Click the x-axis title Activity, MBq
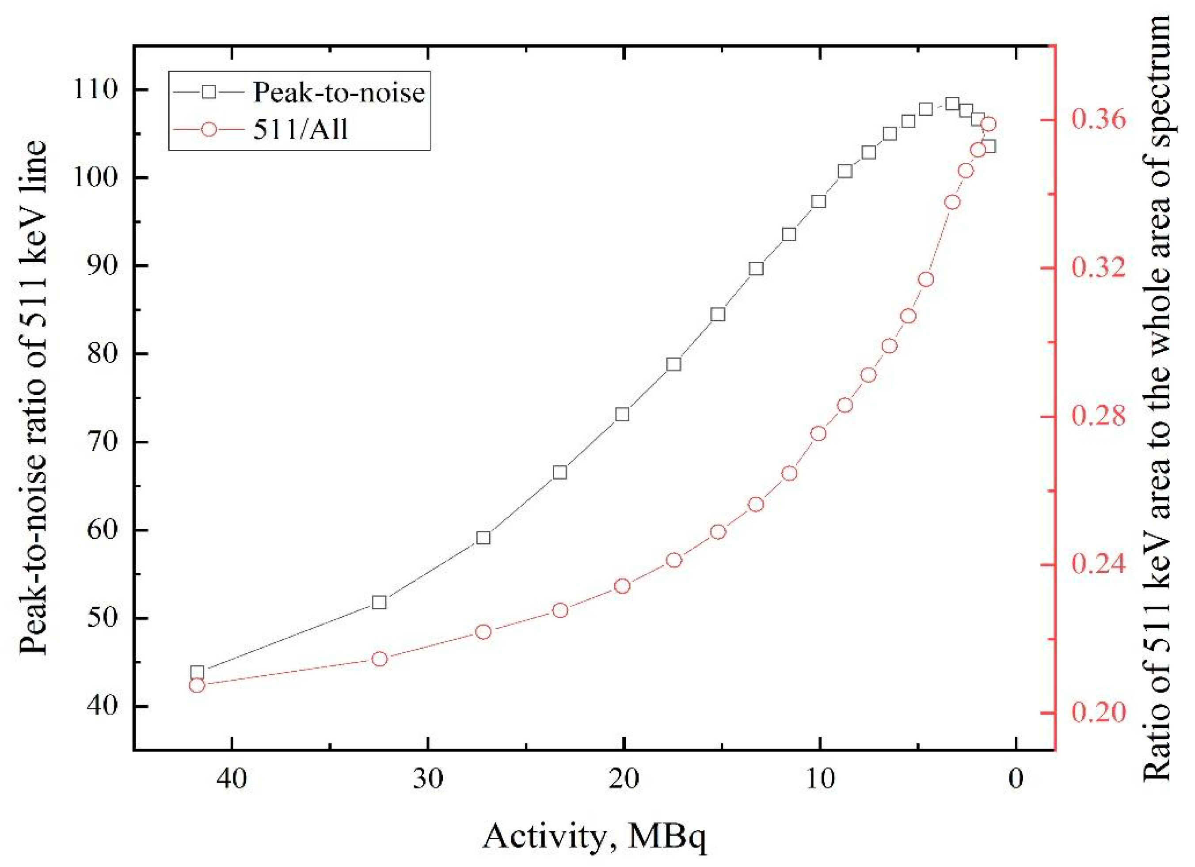[x=594, y=836]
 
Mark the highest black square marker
[x=952, y=104]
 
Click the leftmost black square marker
[x=197, y=673]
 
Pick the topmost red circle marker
[x=989, y=124]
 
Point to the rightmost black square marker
[x=989, y=146]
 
